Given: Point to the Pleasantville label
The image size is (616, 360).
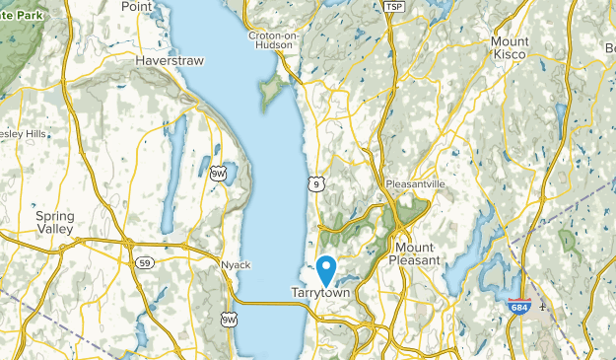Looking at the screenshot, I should coord(416,184).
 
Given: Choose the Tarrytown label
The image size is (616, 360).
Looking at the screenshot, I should coord(320,292).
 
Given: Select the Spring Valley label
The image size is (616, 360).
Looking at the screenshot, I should coord(55,222).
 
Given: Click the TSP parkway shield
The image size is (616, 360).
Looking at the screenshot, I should coord(394,7).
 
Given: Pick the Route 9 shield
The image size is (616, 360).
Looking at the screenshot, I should coord(314,183).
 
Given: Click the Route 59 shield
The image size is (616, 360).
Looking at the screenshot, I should coord(144,263).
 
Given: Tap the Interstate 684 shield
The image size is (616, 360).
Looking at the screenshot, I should coord(518,308).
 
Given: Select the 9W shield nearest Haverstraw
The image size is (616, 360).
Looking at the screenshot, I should coord(217,174).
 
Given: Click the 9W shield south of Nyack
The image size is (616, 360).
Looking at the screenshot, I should coord(229,318).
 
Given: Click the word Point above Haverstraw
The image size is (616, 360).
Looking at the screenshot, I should coord(136,6).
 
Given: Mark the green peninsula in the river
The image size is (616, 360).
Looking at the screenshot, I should coord(268,92).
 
